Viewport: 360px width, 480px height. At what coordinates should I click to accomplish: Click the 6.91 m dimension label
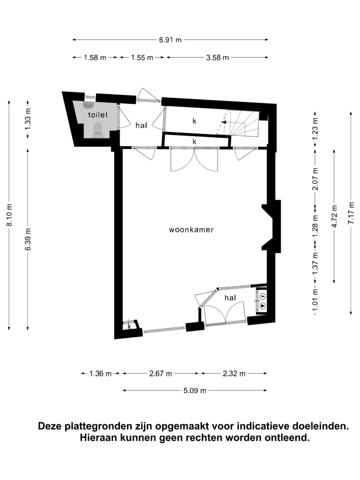click(170, 40)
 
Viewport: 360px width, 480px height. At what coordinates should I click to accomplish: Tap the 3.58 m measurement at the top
click(218, 58)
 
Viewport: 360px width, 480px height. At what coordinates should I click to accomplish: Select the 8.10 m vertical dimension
click(9, 215)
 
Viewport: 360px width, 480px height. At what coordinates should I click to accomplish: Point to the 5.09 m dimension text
click(195, 390)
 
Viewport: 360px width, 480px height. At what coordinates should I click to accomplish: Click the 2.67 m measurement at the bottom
click(160, 374)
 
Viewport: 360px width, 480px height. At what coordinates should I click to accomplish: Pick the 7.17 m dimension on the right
click(351, 213)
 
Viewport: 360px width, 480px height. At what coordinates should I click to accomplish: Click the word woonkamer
click(191, 230)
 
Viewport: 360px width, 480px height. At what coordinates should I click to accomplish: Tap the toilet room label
click(98, 114)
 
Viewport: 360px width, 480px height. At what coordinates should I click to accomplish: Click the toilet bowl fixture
click(98, 130)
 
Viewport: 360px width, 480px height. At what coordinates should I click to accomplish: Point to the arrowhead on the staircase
click(224, 122)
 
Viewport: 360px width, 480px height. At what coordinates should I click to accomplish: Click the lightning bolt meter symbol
click(263, 296)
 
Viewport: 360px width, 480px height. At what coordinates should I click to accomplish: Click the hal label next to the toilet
click(141, 125)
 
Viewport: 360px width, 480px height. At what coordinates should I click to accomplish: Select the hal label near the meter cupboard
click(230, 298)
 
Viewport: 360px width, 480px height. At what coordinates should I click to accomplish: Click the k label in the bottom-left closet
click(129, 327)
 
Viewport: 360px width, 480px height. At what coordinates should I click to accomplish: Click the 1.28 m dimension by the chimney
click(315, 226)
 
